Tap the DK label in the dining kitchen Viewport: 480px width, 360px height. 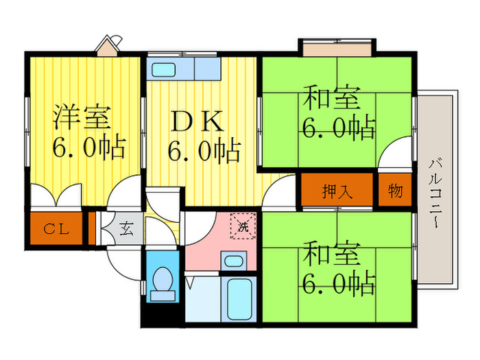(x=195, y=122)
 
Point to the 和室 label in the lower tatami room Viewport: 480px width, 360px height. (x=333, y=254)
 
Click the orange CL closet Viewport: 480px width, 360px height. (x=58, y=229)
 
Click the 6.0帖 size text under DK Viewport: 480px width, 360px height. (x=204, y=150)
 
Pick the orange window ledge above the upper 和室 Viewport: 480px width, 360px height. (x=337, y=49)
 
